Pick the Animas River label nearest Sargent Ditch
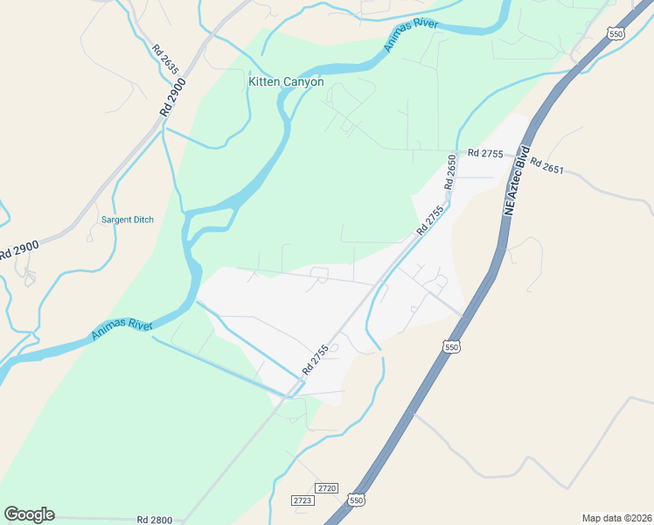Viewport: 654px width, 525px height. [x=122, y=330]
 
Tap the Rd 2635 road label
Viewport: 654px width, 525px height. [x=164, y=59]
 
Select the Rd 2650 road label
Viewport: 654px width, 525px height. [x=451, y=172]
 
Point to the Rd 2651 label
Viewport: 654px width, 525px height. [x=548, y=166]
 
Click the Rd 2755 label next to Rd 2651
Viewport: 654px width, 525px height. [x=485, y=153]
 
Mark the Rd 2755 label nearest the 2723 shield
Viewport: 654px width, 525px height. [x=315, y=360]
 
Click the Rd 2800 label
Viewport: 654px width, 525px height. [x=155, y=520]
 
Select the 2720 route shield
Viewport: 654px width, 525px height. [x=327, y=487]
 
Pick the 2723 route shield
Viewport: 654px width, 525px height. [x=303, y=500]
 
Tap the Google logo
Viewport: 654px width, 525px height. [x=29, y=514]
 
